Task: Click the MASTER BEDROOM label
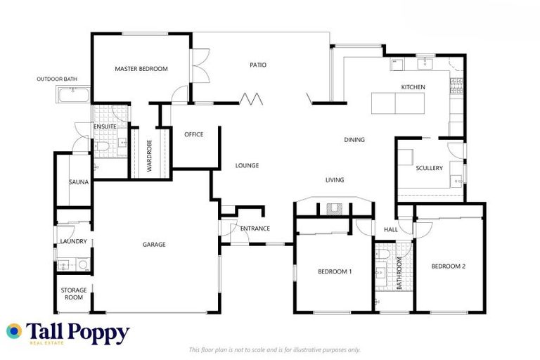(x=141, y=69)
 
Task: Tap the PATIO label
(x=258, y=65)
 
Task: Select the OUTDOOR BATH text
(x=57, y=79)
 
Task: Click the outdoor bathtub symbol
(x=73, y=95)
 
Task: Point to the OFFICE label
(x=193, y=134)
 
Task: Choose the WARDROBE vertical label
(x=150, y=155)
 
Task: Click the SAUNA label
(x=78, y=182)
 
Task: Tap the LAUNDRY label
(x=73, y=242)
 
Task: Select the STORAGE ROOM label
(x=73, y=293)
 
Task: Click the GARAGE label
(x=154, y=245)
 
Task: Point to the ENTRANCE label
(x=255, y=229)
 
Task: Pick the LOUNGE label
(x=247, y=166)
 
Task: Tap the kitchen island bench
(x=395, y=103)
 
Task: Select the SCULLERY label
(x=429, y=168)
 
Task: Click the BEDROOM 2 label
(x=449, y=266)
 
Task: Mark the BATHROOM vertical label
(x=399, y=274)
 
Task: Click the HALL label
(x=390, y=229)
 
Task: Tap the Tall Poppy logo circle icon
(x=14, y=330)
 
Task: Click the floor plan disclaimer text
(x=275, y=349)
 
